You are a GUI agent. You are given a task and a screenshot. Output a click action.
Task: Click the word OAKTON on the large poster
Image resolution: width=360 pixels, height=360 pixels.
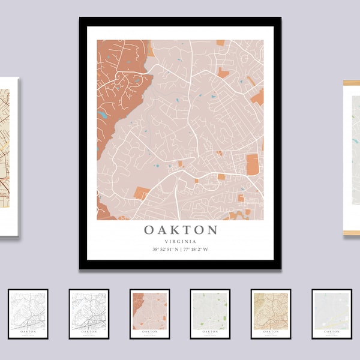click(180, 230)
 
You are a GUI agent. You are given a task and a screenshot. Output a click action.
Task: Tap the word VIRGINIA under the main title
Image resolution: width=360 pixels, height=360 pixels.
click(180, 241)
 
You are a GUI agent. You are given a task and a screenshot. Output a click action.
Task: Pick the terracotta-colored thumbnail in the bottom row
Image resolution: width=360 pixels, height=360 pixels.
click(149, 314)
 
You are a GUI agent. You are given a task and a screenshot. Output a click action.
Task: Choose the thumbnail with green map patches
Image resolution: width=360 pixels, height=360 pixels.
click(210, 314)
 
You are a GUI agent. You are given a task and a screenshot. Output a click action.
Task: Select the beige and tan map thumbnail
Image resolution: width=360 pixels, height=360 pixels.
click(271, 314)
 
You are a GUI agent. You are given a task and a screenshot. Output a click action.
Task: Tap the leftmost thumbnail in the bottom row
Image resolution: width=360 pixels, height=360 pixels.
click(28, 314)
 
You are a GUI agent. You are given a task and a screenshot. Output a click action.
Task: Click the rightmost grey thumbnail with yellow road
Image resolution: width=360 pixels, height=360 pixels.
click(331, 314)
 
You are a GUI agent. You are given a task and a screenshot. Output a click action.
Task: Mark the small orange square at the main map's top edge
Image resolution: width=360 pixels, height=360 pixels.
click(220, 43)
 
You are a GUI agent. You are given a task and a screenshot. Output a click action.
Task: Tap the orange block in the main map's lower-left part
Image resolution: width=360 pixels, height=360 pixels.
click(142, 192)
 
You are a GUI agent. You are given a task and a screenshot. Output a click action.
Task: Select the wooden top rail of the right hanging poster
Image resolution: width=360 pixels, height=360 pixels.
click(352, 83)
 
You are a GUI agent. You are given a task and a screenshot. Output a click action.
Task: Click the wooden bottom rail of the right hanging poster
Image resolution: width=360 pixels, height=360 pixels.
click(352, 233)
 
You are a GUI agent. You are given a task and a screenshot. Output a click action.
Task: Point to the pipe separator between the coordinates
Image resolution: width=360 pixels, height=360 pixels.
click(181, 250)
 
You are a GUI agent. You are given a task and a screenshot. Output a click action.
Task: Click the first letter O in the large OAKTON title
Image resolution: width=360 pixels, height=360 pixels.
click(149, 230)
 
